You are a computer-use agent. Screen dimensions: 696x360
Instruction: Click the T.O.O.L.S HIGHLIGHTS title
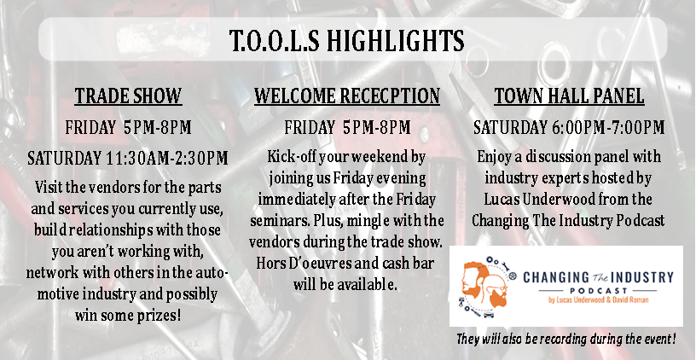tap(346, 40)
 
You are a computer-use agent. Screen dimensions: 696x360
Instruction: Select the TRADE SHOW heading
tap(128, 96)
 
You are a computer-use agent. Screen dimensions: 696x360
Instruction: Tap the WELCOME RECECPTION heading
tap(347, 96)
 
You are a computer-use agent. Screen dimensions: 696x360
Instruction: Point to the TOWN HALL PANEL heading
tap(569, 96)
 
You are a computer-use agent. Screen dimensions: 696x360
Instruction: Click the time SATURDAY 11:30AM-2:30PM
tap(128, 158)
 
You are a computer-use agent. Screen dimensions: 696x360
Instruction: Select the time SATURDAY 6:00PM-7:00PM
tap(569, 128)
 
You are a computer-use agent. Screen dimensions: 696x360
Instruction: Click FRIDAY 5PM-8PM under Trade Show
tap(128, 128)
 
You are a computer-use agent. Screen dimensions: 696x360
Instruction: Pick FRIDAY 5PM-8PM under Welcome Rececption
tap(347, 128)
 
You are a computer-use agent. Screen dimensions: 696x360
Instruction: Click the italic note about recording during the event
tap(566, 340)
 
